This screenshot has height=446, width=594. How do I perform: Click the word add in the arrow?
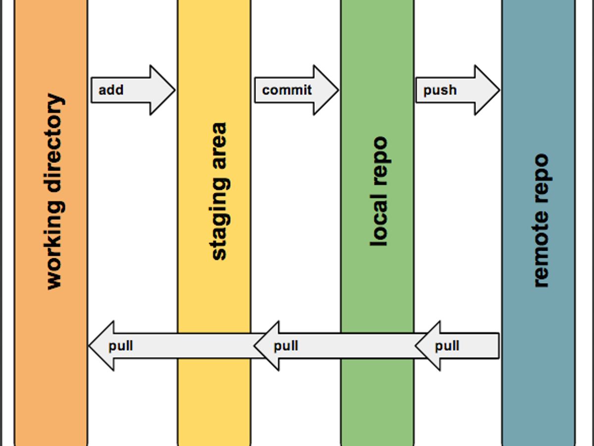coord(111,90)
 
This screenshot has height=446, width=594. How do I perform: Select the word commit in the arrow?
coord(287,90)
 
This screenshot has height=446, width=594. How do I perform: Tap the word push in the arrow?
coord(440,90)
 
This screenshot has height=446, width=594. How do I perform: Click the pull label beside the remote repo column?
coord(447,345)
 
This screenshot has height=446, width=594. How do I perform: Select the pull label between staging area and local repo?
coord(286,345)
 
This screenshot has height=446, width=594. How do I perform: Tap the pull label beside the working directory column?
coord(121,345)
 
